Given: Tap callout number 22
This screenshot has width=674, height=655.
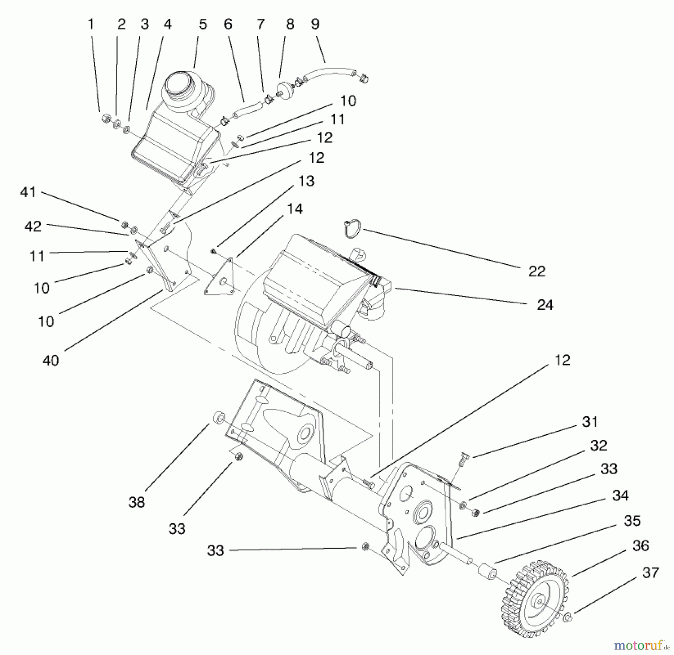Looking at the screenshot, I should click(x=537, y=271).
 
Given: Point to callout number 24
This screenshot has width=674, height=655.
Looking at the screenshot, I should click(x=545, y=305).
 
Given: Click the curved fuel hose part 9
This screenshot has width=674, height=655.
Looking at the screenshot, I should click(x=330, y=71).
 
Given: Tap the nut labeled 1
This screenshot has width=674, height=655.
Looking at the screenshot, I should click(x=106, y=119).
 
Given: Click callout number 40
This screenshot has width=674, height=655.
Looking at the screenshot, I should click(x=51, y=361).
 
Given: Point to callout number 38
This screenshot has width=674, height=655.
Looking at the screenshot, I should click(x=136, y=502).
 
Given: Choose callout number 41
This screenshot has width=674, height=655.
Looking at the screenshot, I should click(x=28, y=192).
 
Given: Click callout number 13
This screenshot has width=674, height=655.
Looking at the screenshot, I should click(x=306, y=181).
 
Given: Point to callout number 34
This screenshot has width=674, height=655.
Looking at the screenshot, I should click(x=620, y=496).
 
